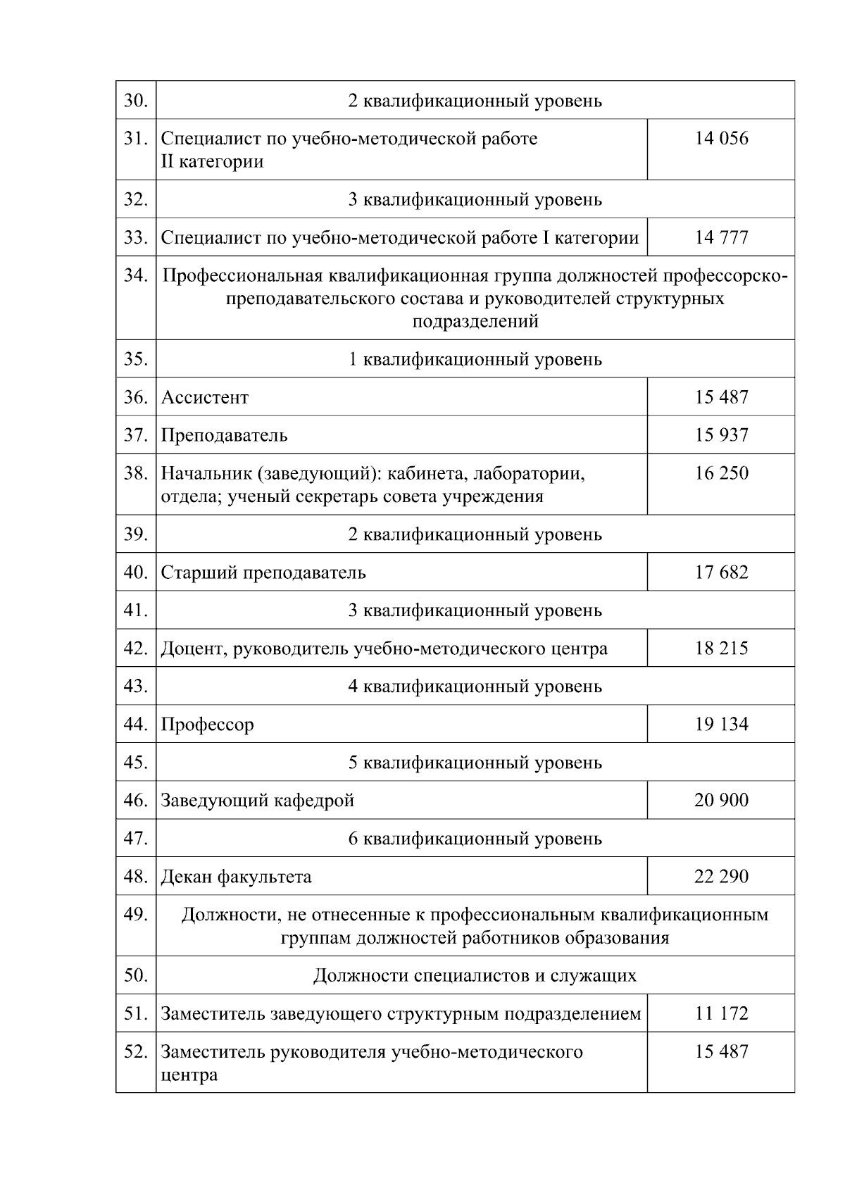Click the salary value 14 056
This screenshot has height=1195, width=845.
[x=721, y=139]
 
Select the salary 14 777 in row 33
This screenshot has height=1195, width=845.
[x=721, y=237]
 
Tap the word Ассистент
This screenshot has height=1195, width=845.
[x=205, y=398]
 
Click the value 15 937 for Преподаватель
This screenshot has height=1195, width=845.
[x=721, y=435]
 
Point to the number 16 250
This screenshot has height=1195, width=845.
[x=721, y=473]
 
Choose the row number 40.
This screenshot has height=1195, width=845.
[x=135, y=573]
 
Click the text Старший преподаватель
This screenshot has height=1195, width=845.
[x=263, y=573]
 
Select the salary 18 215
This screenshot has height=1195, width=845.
[x=721, y=649]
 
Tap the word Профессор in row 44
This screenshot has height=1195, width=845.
[x=207, y=725]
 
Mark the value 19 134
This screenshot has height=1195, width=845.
[x=721, y=725]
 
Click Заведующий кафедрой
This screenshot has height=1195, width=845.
[x=257, y=801]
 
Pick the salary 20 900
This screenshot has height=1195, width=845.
[x=721, y=801]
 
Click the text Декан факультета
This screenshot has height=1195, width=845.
[x=236, y=877]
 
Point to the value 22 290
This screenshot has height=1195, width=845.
[x=721, y=877]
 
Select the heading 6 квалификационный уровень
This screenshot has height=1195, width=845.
[x=475, y=839]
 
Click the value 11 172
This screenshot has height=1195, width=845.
[x=721, y=1014]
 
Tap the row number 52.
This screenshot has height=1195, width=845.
[x=135, y=1052]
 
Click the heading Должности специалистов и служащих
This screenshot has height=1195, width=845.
[x=475, y=976]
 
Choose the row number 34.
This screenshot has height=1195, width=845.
[x=135, y=275]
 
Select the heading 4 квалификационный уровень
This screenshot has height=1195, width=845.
[x=475, y=687]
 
